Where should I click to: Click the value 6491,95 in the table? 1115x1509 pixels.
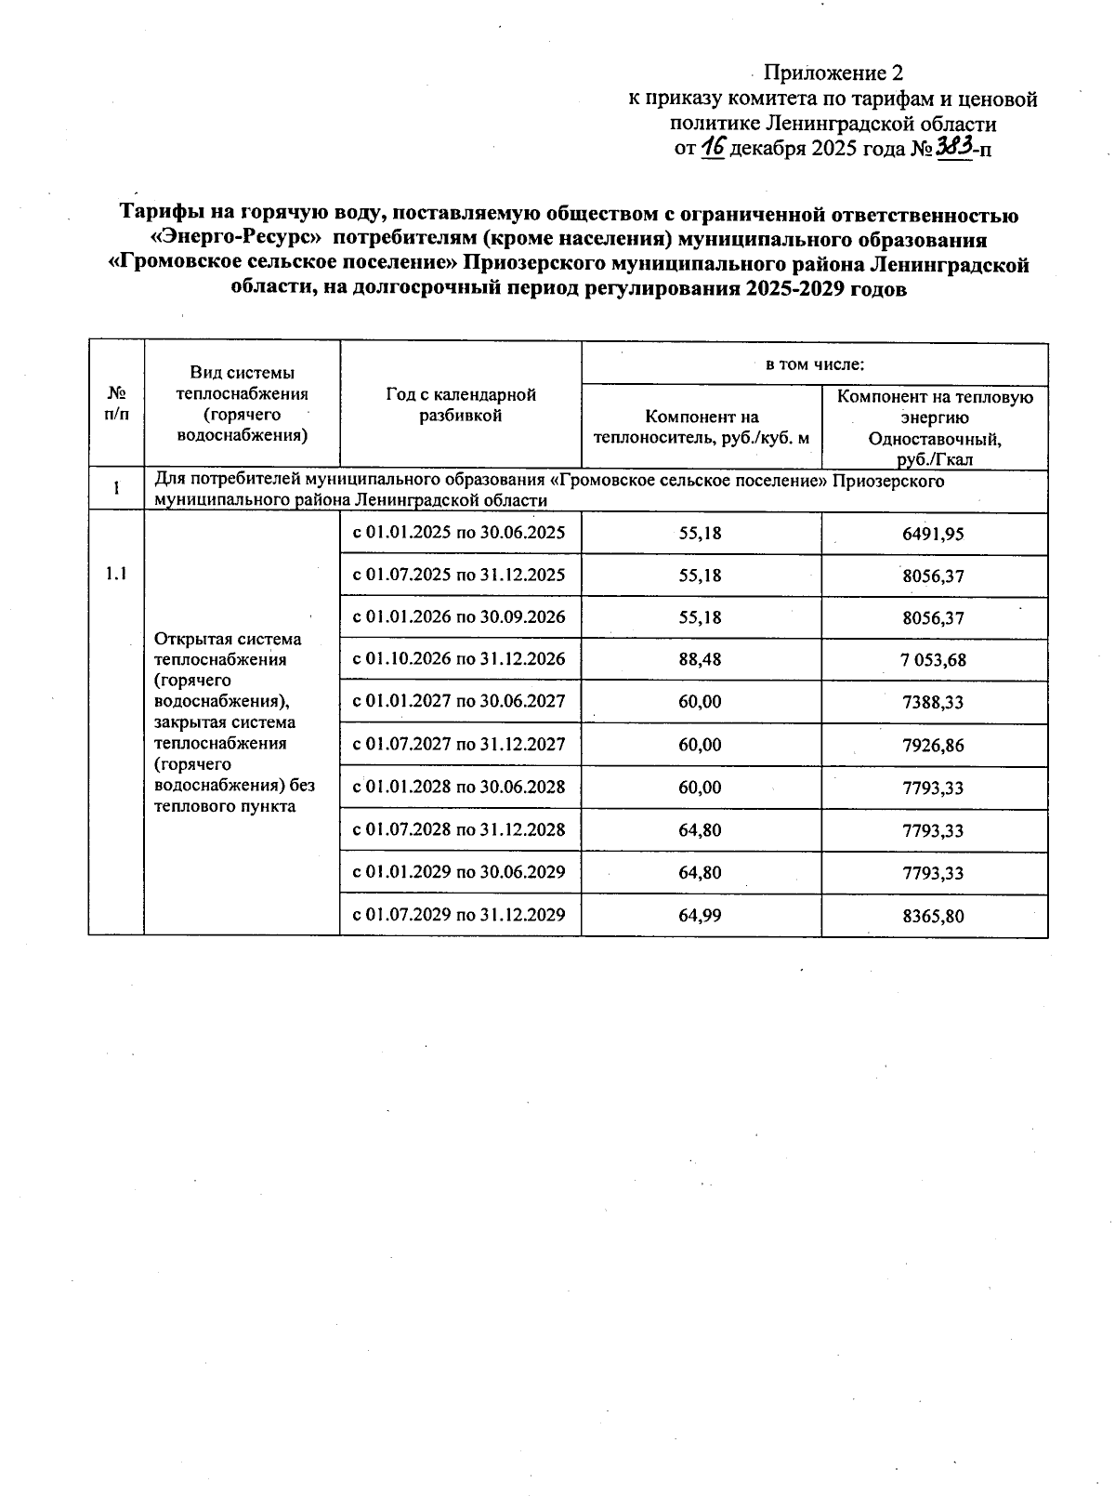(933, 534)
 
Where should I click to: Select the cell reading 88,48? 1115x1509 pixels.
(700, 659)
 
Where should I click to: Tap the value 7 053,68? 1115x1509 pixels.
(933, 660)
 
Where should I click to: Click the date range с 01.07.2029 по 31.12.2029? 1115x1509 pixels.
(459, 915)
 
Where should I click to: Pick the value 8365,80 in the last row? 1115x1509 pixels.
(933, 916)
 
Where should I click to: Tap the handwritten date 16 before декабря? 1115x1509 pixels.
(713, 147)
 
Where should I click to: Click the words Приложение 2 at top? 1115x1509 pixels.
(833, 73)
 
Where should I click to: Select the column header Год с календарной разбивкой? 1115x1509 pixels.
(460, 405)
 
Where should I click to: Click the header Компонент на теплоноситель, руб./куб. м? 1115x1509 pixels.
(702, 427)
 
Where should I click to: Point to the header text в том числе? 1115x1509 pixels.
(814, 364)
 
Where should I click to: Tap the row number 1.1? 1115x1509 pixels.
(116, 574)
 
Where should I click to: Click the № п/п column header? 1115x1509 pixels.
(116, 404)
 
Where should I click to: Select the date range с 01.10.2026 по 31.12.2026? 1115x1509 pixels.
(459, 659)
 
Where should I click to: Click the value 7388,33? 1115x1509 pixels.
(933, 702)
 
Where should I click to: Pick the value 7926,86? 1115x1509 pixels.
(933, 745)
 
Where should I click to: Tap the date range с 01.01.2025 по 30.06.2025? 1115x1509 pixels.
(459, 533)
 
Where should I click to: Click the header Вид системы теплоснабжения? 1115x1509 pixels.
(242, 404)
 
